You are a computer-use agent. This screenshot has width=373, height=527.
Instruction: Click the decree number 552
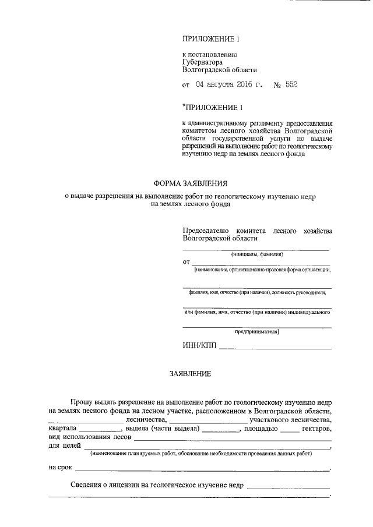(x=291, y=85)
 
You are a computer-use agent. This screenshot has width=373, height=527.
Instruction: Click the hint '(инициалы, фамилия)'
(x=256, y=254)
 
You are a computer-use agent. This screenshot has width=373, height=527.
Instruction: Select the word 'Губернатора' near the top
(x=202, y=61)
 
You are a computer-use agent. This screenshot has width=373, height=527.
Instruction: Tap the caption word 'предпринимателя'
(x=257, y=332)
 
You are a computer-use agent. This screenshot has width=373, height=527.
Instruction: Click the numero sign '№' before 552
(x=277, y=85)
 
